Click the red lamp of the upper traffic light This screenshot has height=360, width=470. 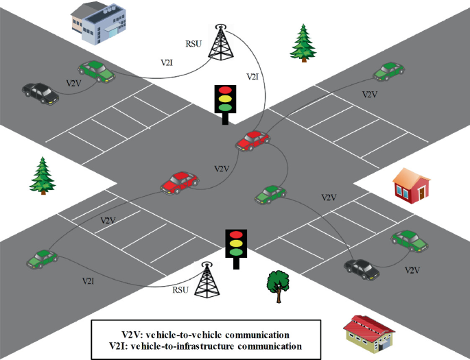coord(224,90)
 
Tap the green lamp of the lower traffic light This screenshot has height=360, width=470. coord(235,251)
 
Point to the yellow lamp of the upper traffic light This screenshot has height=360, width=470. coord(224,98)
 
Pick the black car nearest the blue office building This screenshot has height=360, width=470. coord(40,93)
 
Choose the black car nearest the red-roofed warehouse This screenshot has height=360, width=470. coord(362,268)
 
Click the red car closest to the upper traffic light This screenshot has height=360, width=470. coord(252,140)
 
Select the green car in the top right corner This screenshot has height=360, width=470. coord(388,71)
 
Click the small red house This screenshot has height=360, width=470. coord(412,185)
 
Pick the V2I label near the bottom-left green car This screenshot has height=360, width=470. coord(89,281)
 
